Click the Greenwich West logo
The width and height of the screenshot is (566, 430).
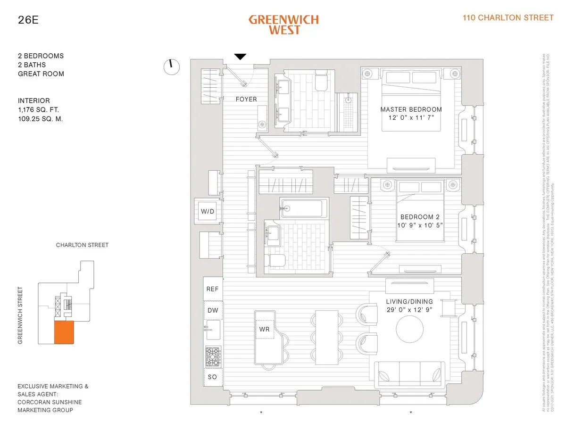click(x=283, y=25)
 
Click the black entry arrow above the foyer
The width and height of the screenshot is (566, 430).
click(x=241, y=57)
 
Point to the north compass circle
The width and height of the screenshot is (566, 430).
click(x=172, y=67)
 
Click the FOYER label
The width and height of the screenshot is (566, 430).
click(x=246, y=99)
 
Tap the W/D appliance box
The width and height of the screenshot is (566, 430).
click(x=208, y=212)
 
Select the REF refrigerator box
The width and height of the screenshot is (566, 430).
click(x=213, y=289)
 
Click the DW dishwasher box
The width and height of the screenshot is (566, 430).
click(x=213, y=310)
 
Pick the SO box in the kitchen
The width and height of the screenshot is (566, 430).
click(x=213, y=377)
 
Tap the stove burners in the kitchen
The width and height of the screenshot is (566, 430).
click(x=213, y=356)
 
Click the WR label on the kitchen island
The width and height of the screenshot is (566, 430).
click(x=265, y=329)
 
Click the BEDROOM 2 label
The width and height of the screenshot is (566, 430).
click(x=420, y=217)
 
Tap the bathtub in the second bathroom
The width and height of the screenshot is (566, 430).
click(x=304, y=208)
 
